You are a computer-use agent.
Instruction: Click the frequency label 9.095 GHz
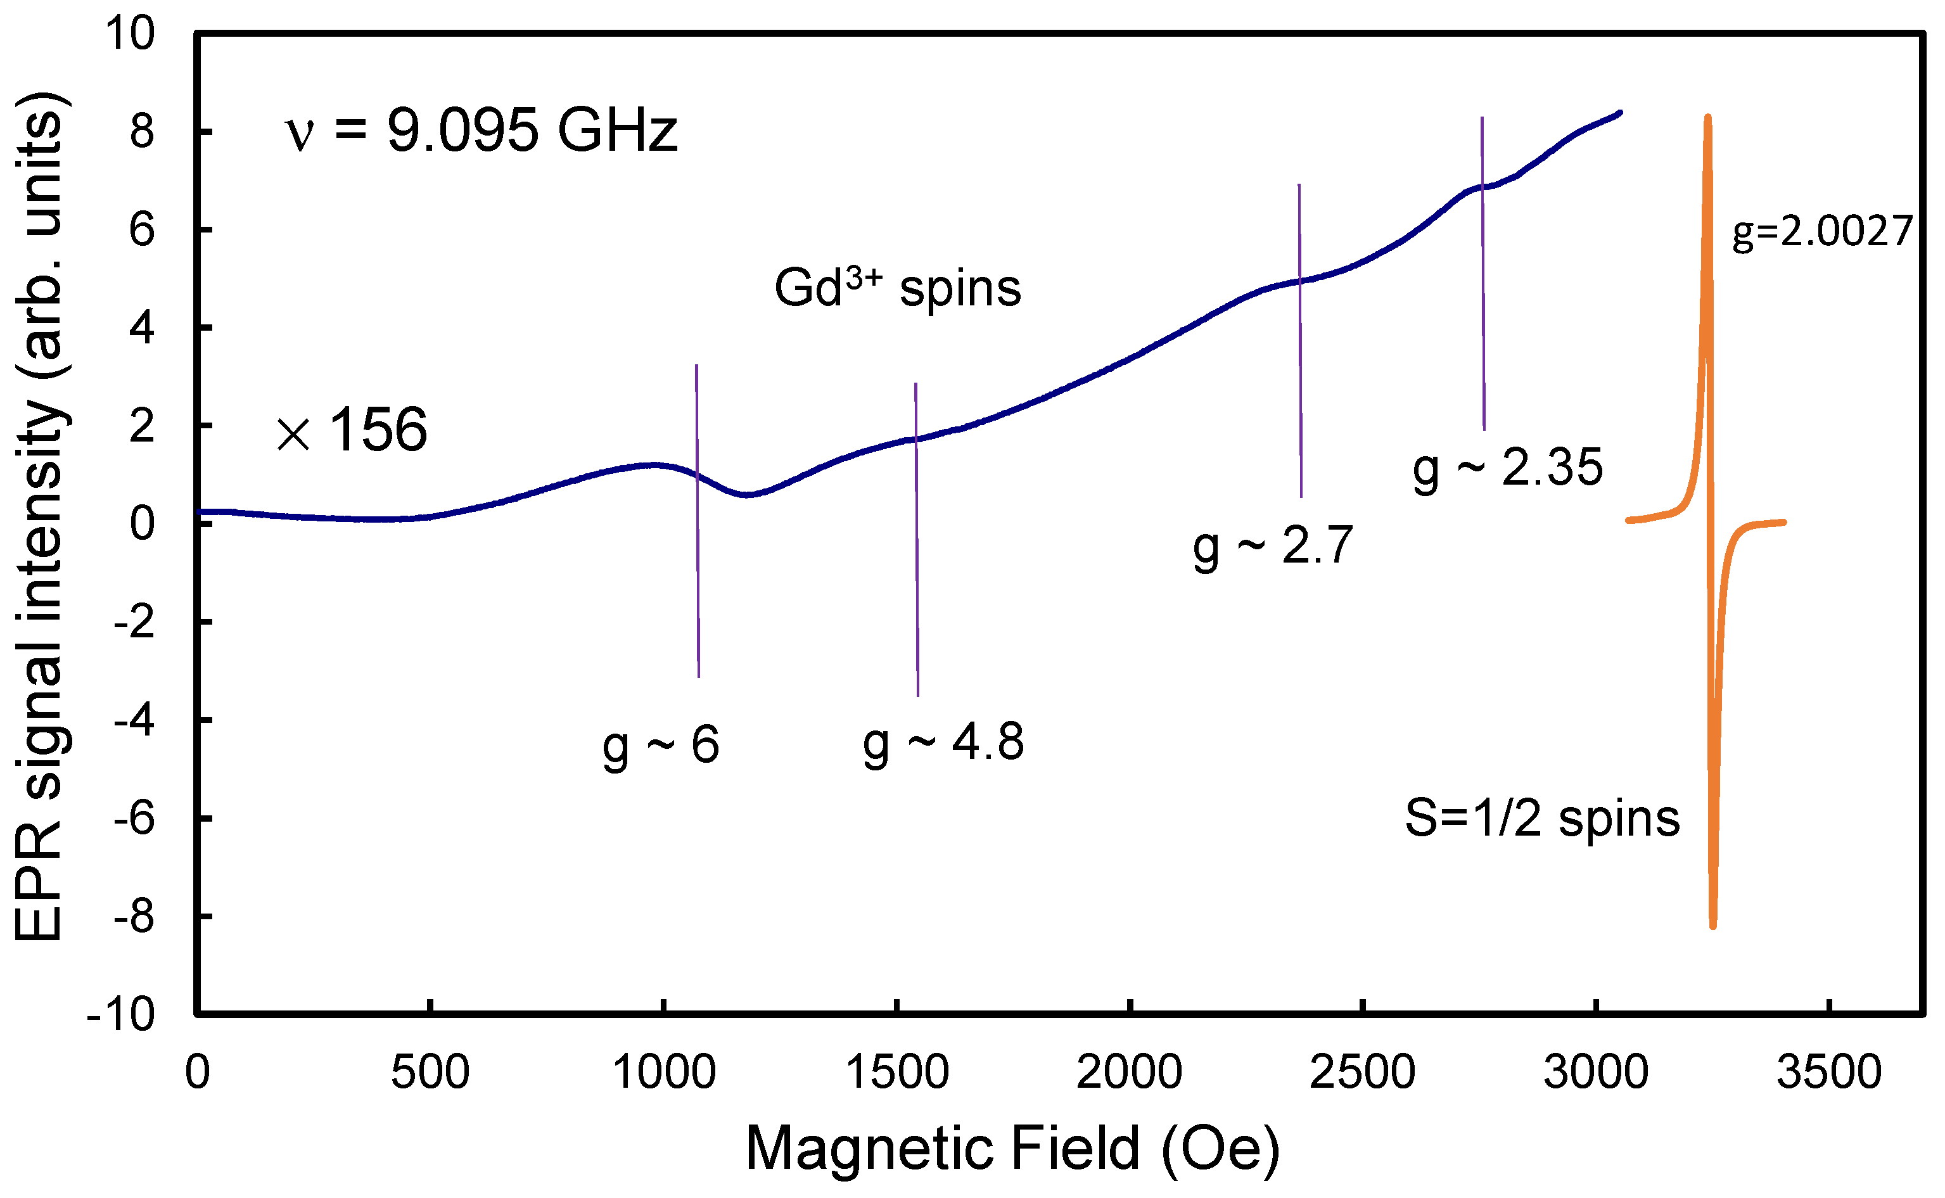[x=481, y=131]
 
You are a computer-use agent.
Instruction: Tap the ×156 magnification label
[x=352, y=430]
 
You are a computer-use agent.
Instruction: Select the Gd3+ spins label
[x=898, y=288]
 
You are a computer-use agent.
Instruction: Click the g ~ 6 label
[x=661, y=746]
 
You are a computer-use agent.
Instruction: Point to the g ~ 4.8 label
[x=943, y=743]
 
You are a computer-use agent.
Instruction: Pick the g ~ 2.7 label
[x=1273, y=546]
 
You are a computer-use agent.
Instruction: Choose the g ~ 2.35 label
[x=1508, y=468]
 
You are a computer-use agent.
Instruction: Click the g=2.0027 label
[x=1822, y=232]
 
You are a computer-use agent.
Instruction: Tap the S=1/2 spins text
[x=1541, y=819]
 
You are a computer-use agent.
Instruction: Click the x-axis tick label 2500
[x=1362, y=1073]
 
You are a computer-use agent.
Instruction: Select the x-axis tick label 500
[x=430, y=1073]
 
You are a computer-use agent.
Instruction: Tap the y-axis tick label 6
[x=142, y=231]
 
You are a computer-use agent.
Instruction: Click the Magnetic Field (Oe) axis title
[x=1012, y=1149]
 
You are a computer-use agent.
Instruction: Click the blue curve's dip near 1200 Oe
[x=748, y=494]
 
